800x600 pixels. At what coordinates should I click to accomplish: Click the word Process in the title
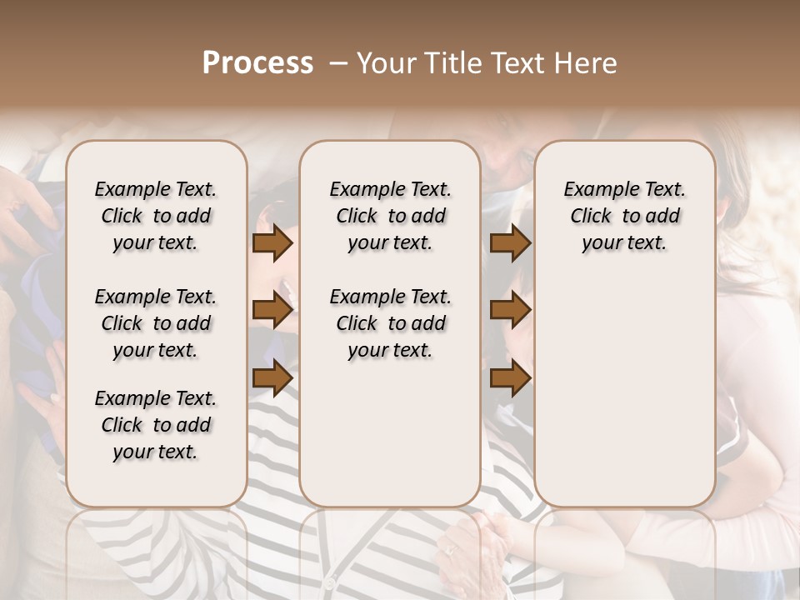point(257,63)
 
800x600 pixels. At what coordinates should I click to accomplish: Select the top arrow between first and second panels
point(272,243)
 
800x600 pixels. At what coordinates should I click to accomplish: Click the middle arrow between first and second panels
point(272,311)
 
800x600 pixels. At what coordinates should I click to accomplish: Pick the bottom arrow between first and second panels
point(272,377)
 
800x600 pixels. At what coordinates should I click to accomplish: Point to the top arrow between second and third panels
point(510,243)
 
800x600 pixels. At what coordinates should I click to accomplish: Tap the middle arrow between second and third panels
point(510,311)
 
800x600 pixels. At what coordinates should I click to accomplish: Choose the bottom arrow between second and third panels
point(510,377)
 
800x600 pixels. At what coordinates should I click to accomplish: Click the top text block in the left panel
point(156,216)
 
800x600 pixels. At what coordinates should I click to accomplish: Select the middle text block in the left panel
point(156,323)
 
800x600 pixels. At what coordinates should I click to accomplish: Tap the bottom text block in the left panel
point(156,425)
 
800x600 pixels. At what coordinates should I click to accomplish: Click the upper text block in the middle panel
point(390,216)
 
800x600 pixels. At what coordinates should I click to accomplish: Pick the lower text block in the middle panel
point(390,323)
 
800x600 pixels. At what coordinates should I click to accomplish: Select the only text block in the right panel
point(624,216)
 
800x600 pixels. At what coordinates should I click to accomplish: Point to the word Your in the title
point(383,63)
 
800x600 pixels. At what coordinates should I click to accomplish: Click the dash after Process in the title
point(337,63)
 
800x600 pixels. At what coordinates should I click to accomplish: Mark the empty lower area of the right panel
point(624,392)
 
